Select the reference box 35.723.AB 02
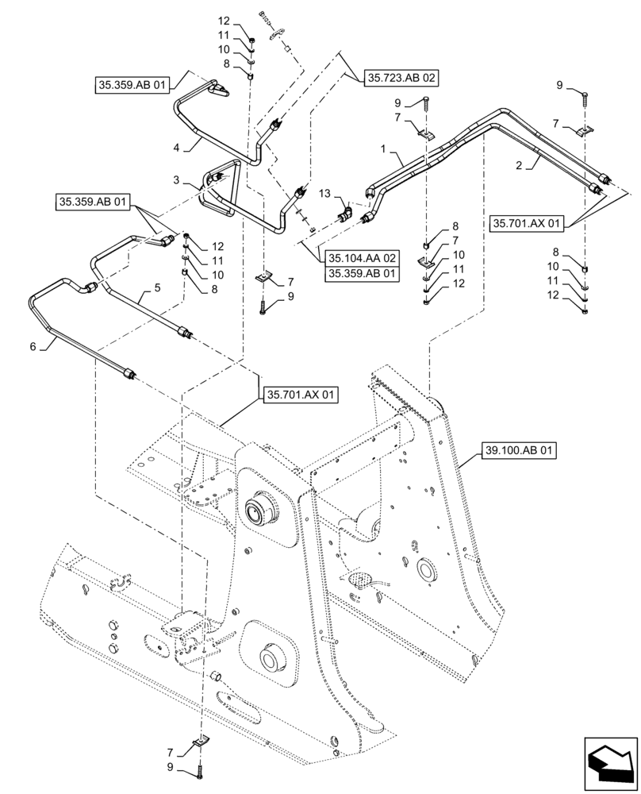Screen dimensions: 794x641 pos(401,78)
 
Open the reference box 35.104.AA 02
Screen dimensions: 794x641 pos(360,258)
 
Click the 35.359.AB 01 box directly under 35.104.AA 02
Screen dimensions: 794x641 pos(360,274)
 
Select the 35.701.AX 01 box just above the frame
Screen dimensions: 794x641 pos(299,393)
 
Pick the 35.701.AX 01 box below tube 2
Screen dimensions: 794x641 pos(530,224)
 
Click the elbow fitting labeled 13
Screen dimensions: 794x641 pos(346,213)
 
